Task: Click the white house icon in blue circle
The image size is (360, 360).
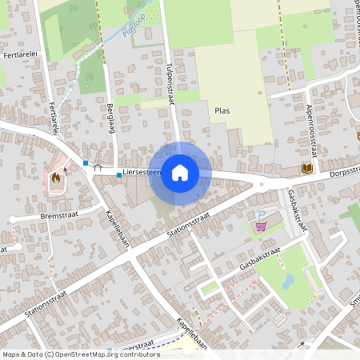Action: [x=180, y=172]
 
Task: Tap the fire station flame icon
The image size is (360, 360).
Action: [x=56, y=180]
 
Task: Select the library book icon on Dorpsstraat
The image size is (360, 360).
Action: [x=307, y=168]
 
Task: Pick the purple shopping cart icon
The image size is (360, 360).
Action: [x=261, y=226]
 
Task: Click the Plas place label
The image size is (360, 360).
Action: [x=222, y=110]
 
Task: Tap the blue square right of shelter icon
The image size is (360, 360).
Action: [x=118, y=174]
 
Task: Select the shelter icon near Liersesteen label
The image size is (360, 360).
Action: [x=98, y=169]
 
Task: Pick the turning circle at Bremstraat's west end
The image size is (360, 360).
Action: [x=14, y=218]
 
